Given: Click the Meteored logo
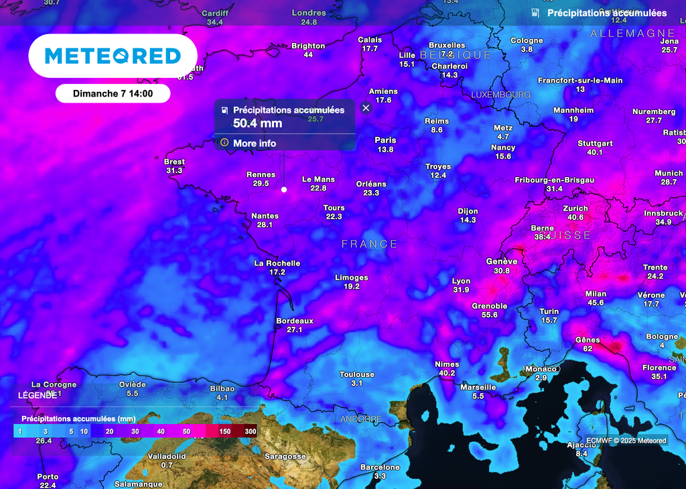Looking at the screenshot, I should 113,56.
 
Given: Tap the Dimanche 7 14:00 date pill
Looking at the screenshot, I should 113,94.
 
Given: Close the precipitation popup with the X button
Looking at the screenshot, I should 366,108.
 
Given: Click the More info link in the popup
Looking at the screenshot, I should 254,144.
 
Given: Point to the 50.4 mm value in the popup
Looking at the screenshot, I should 257,123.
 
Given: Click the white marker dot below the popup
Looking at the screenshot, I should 283,190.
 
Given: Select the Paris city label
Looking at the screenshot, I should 385,140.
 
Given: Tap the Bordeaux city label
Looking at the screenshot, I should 295,321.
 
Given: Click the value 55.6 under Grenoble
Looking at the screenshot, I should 490,315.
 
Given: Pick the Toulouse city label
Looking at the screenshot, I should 356,374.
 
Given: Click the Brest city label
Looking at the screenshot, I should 174,162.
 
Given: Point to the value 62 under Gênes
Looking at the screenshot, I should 588,349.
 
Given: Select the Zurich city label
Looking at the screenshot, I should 575,208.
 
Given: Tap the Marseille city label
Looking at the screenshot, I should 478,387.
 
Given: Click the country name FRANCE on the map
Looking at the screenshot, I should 370,244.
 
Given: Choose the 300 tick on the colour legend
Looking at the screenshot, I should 251,431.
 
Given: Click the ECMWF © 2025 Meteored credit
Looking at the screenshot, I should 626,441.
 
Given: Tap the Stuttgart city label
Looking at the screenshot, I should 595,144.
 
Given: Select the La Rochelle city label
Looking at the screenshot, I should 277,263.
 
